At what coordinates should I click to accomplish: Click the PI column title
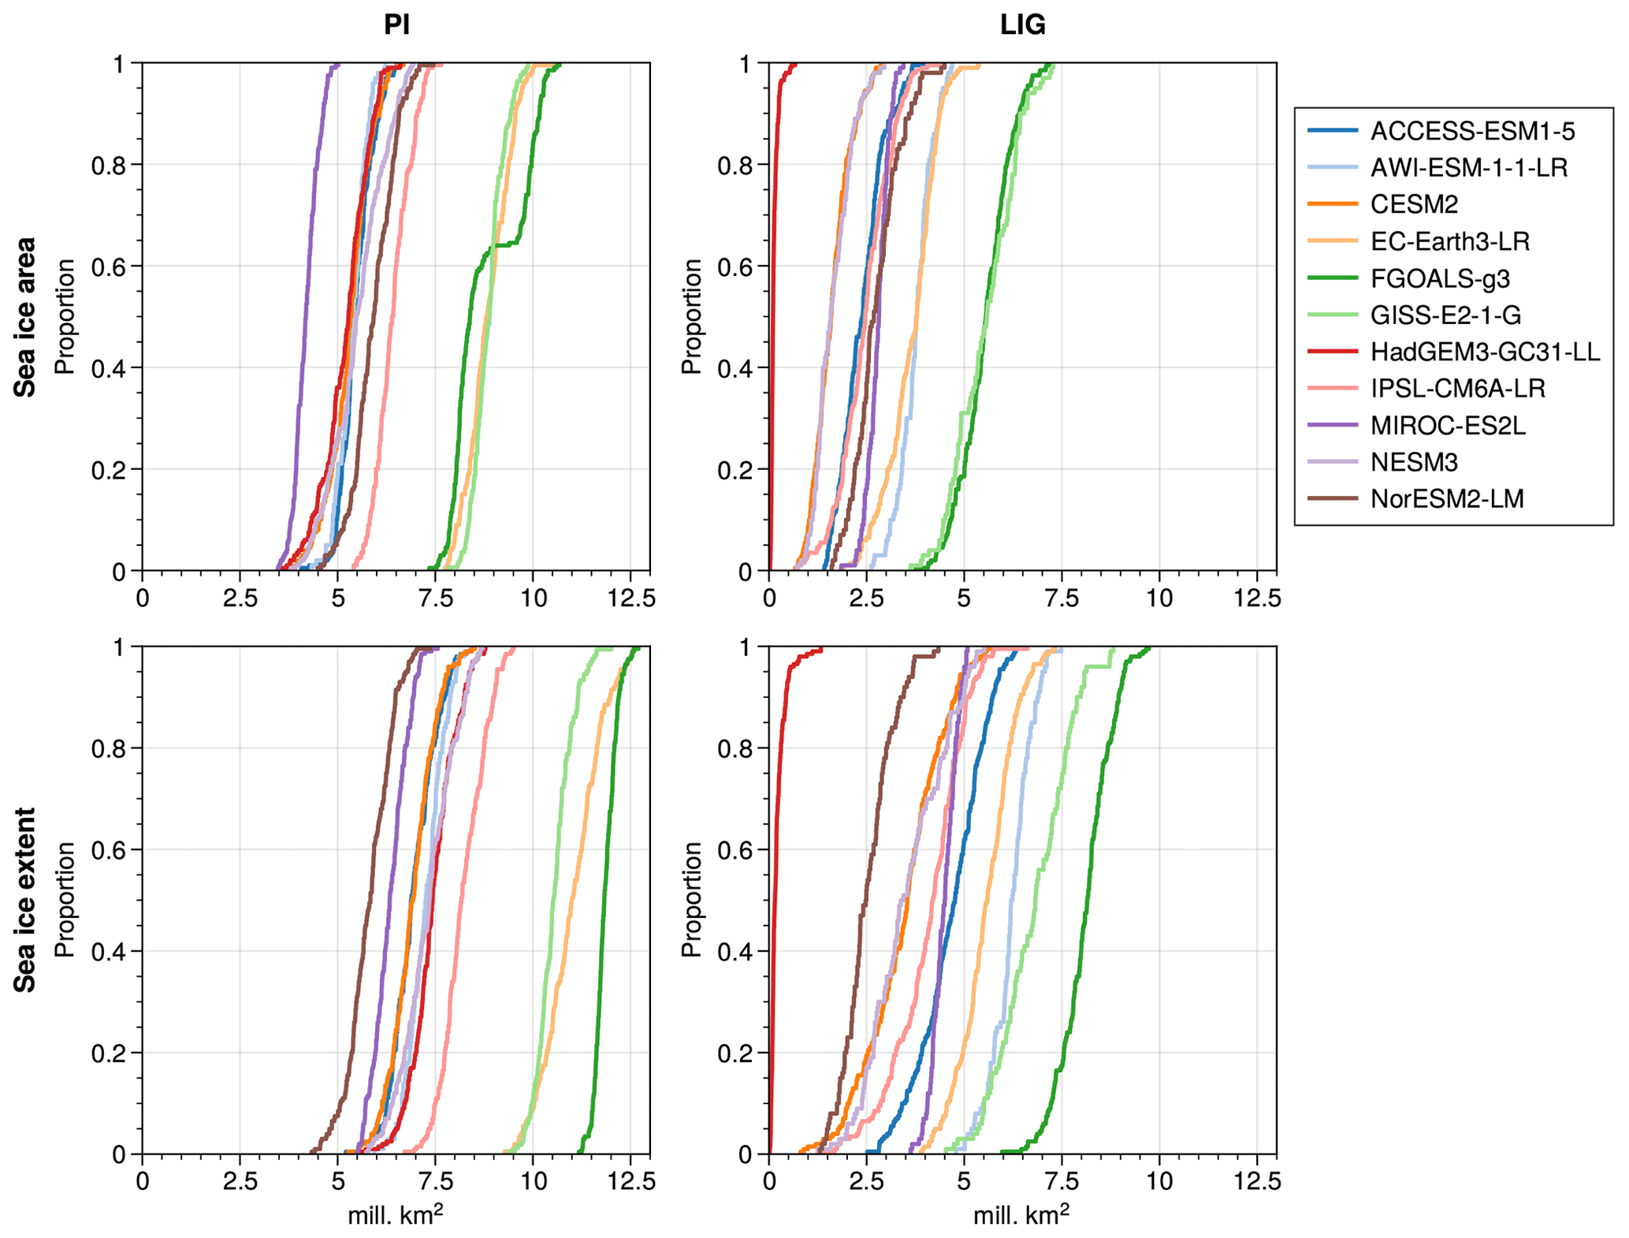pos(396,25)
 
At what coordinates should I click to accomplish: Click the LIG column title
pos(1022,25)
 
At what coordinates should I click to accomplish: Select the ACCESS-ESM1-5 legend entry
pos(1472,131)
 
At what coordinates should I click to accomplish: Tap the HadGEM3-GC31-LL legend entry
pos(1485,352)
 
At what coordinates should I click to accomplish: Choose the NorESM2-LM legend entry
pos(1447,499)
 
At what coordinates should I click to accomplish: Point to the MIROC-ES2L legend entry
pos(1448,426)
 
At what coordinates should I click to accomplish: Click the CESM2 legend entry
pos(1414,204)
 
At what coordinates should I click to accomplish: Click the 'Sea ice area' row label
pos(25,316)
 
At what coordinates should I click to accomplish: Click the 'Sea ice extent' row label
pos(25,900)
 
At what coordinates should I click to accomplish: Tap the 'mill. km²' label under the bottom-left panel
pos(395,1214)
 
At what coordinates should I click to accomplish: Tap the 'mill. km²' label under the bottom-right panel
pos(1021,1214)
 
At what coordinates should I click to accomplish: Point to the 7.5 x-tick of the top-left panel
pos(436,598)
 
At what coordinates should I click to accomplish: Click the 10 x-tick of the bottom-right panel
pos(1159,1181)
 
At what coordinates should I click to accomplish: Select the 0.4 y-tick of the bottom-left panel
pos(109,952)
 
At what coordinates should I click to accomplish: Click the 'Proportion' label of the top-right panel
pos(691,316)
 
